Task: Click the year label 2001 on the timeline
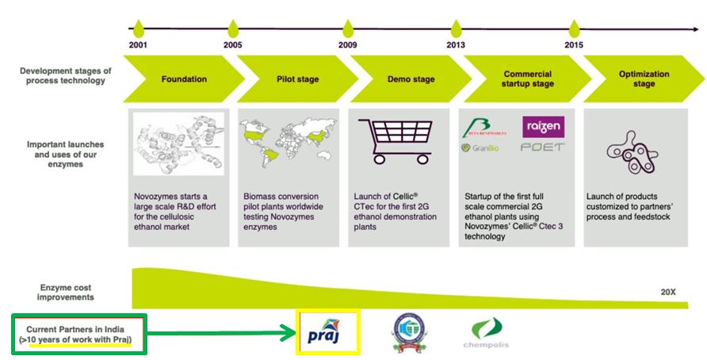pos(138,45)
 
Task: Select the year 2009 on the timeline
pos(347,45)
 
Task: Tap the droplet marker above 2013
pos(456,29)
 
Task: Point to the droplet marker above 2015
pos(575,29)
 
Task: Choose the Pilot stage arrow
pos(297,79)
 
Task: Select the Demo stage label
pos(411,79)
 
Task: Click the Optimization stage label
pos(644,79)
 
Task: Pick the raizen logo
pos(543,127)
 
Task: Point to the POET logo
pos(543,147)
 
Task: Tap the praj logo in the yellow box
pos(327,332)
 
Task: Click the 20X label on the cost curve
pos(667,292)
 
